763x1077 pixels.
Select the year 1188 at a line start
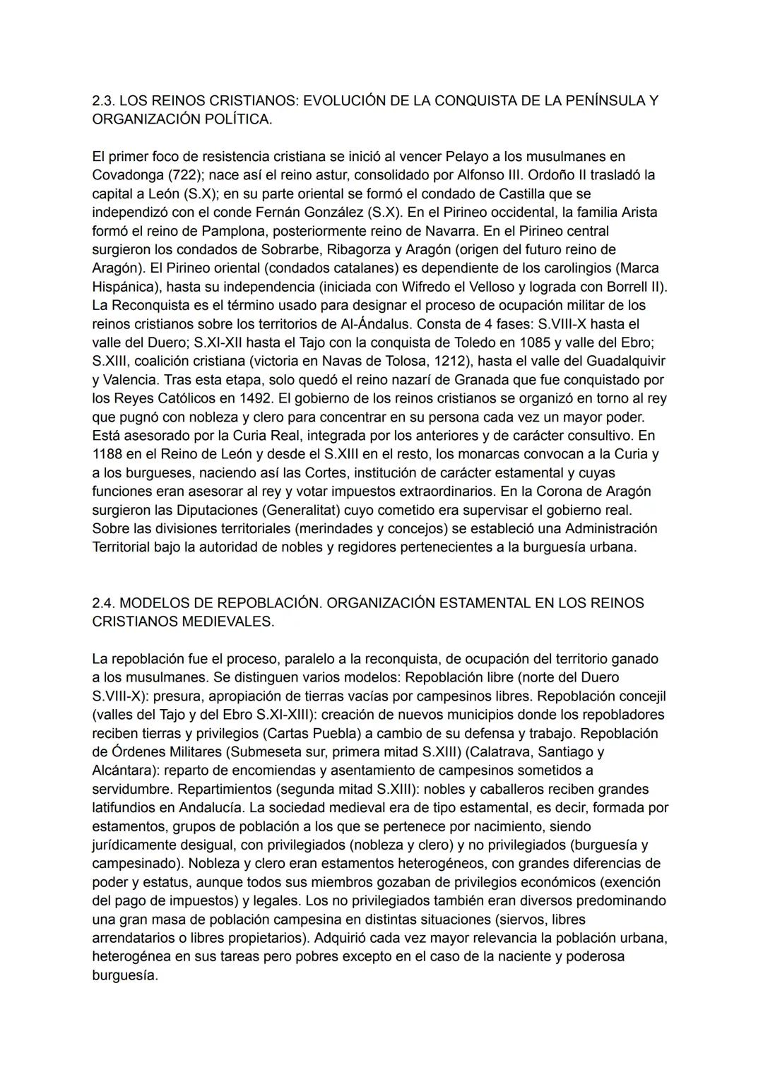click(107, 454)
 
